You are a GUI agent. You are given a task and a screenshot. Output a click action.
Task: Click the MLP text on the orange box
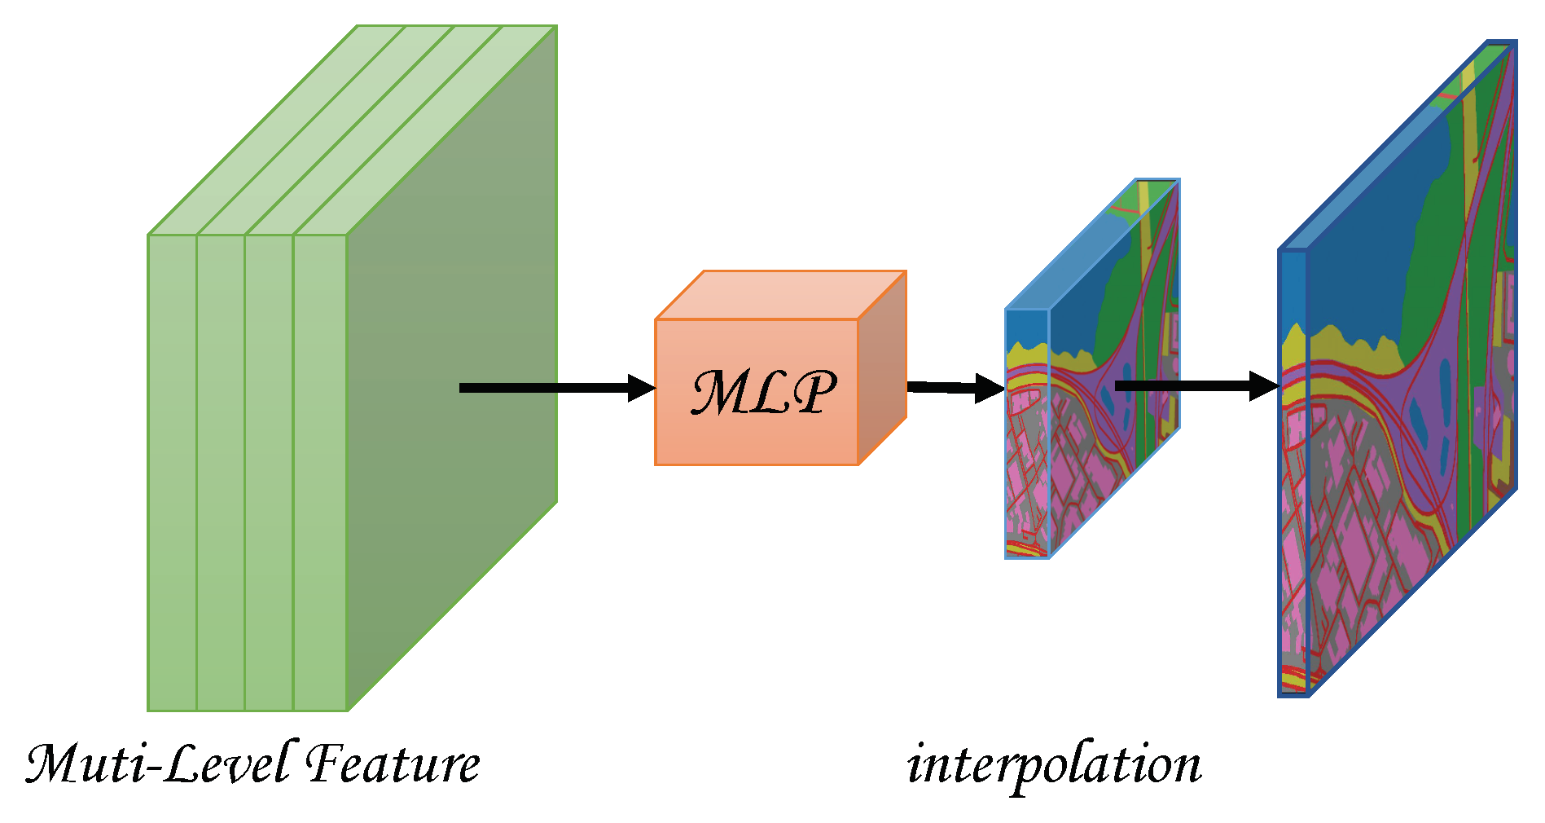[763, 393]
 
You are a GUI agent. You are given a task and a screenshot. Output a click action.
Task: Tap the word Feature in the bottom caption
[393, 764]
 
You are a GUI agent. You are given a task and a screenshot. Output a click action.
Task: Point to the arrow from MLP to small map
[953, 388]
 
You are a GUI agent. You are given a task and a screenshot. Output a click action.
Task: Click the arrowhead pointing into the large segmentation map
[1264, 385]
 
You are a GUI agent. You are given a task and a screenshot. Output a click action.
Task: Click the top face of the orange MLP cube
[780, 295]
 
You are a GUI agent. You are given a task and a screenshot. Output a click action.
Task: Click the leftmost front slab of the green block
[172, 473]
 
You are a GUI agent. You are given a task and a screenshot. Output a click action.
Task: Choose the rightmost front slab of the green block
[320, 473]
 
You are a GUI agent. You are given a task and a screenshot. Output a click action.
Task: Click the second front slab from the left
[221, 473]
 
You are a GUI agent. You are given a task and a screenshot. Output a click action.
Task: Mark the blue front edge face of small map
[1027, 432]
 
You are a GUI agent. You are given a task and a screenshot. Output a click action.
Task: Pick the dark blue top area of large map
[1368, 244]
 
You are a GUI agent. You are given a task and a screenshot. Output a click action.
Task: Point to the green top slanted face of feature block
[350, 130]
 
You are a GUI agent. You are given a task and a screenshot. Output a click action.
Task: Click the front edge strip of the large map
[1293, 473]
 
